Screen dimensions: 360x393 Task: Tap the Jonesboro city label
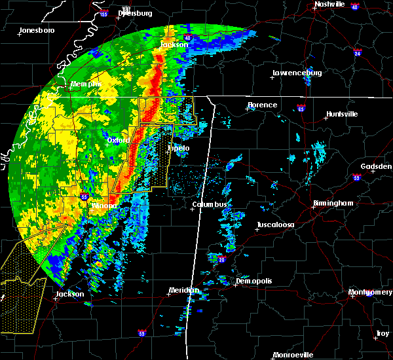click(x=37, y=30)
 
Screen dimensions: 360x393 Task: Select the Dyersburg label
click(x=135, y=13)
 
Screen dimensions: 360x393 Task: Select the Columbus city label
click(x=210, y=205)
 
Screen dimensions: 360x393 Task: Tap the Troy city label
click(x=381, y=334)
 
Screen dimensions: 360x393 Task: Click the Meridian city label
click(x=183, y=290)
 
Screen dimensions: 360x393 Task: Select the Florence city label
click(x=262, y=105)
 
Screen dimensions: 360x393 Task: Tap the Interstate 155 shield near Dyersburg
click(x=103, y=13)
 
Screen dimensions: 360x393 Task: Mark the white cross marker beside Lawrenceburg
click(x=272, y=78)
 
